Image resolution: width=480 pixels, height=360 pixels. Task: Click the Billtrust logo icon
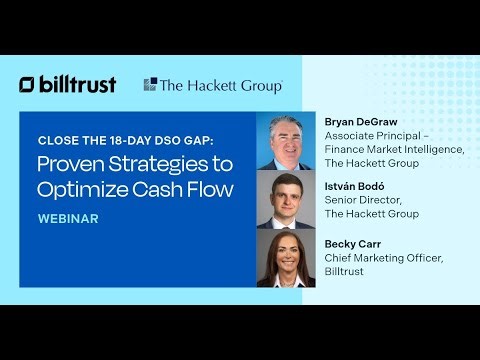point(27,85)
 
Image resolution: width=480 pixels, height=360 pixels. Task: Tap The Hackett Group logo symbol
point(150,85)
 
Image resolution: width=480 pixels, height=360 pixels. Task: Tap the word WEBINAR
point(68,219)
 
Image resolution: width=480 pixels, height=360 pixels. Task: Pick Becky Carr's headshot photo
point(286,258)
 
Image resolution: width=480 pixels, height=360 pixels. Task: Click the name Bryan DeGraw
point(361,122)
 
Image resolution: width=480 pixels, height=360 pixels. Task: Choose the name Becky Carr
point(353,243)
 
